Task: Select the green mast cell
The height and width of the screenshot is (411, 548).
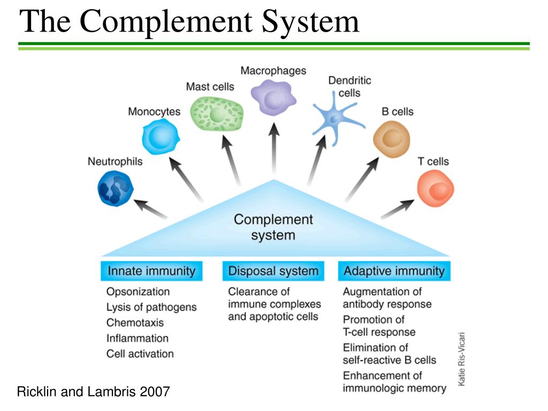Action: click(217, 112)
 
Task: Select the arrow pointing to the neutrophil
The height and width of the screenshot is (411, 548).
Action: click(151, 209)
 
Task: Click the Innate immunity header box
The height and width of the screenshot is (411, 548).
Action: click(151, 271)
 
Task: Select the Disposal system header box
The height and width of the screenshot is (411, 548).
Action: click(273, 271)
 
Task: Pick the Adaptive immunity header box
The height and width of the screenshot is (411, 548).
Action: click(394, 271)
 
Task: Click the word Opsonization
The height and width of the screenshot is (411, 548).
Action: click(138, 292)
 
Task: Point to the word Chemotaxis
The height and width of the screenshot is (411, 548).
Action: click(135, 323)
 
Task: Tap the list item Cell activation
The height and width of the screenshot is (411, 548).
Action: click(140, 354)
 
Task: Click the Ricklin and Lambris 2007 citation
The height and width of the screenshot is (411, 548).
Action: click(93, 392)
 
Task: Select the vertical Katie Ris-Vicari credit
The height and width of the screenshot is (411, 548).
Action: click(461, 359)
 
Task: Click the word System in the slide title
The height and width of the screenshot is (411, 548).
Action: click(310, 22)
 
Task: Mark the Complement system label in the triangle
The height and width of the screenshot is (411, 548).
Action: click(273, 227)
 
